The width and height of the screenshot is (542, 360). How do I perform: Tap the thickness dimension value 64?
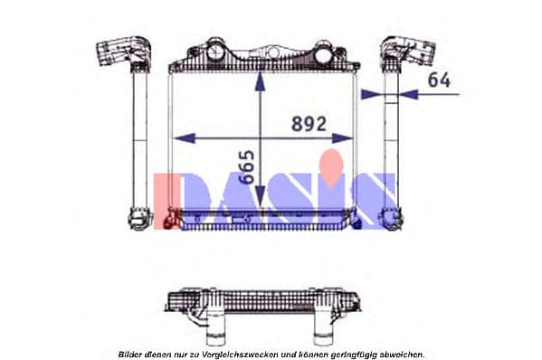tap(439, 81)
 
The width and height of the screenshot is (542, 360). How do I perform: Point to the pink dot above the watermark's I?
tap(334, 163)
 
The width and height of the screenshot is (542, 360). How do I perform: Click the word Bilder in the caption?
tap(131, 354)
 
